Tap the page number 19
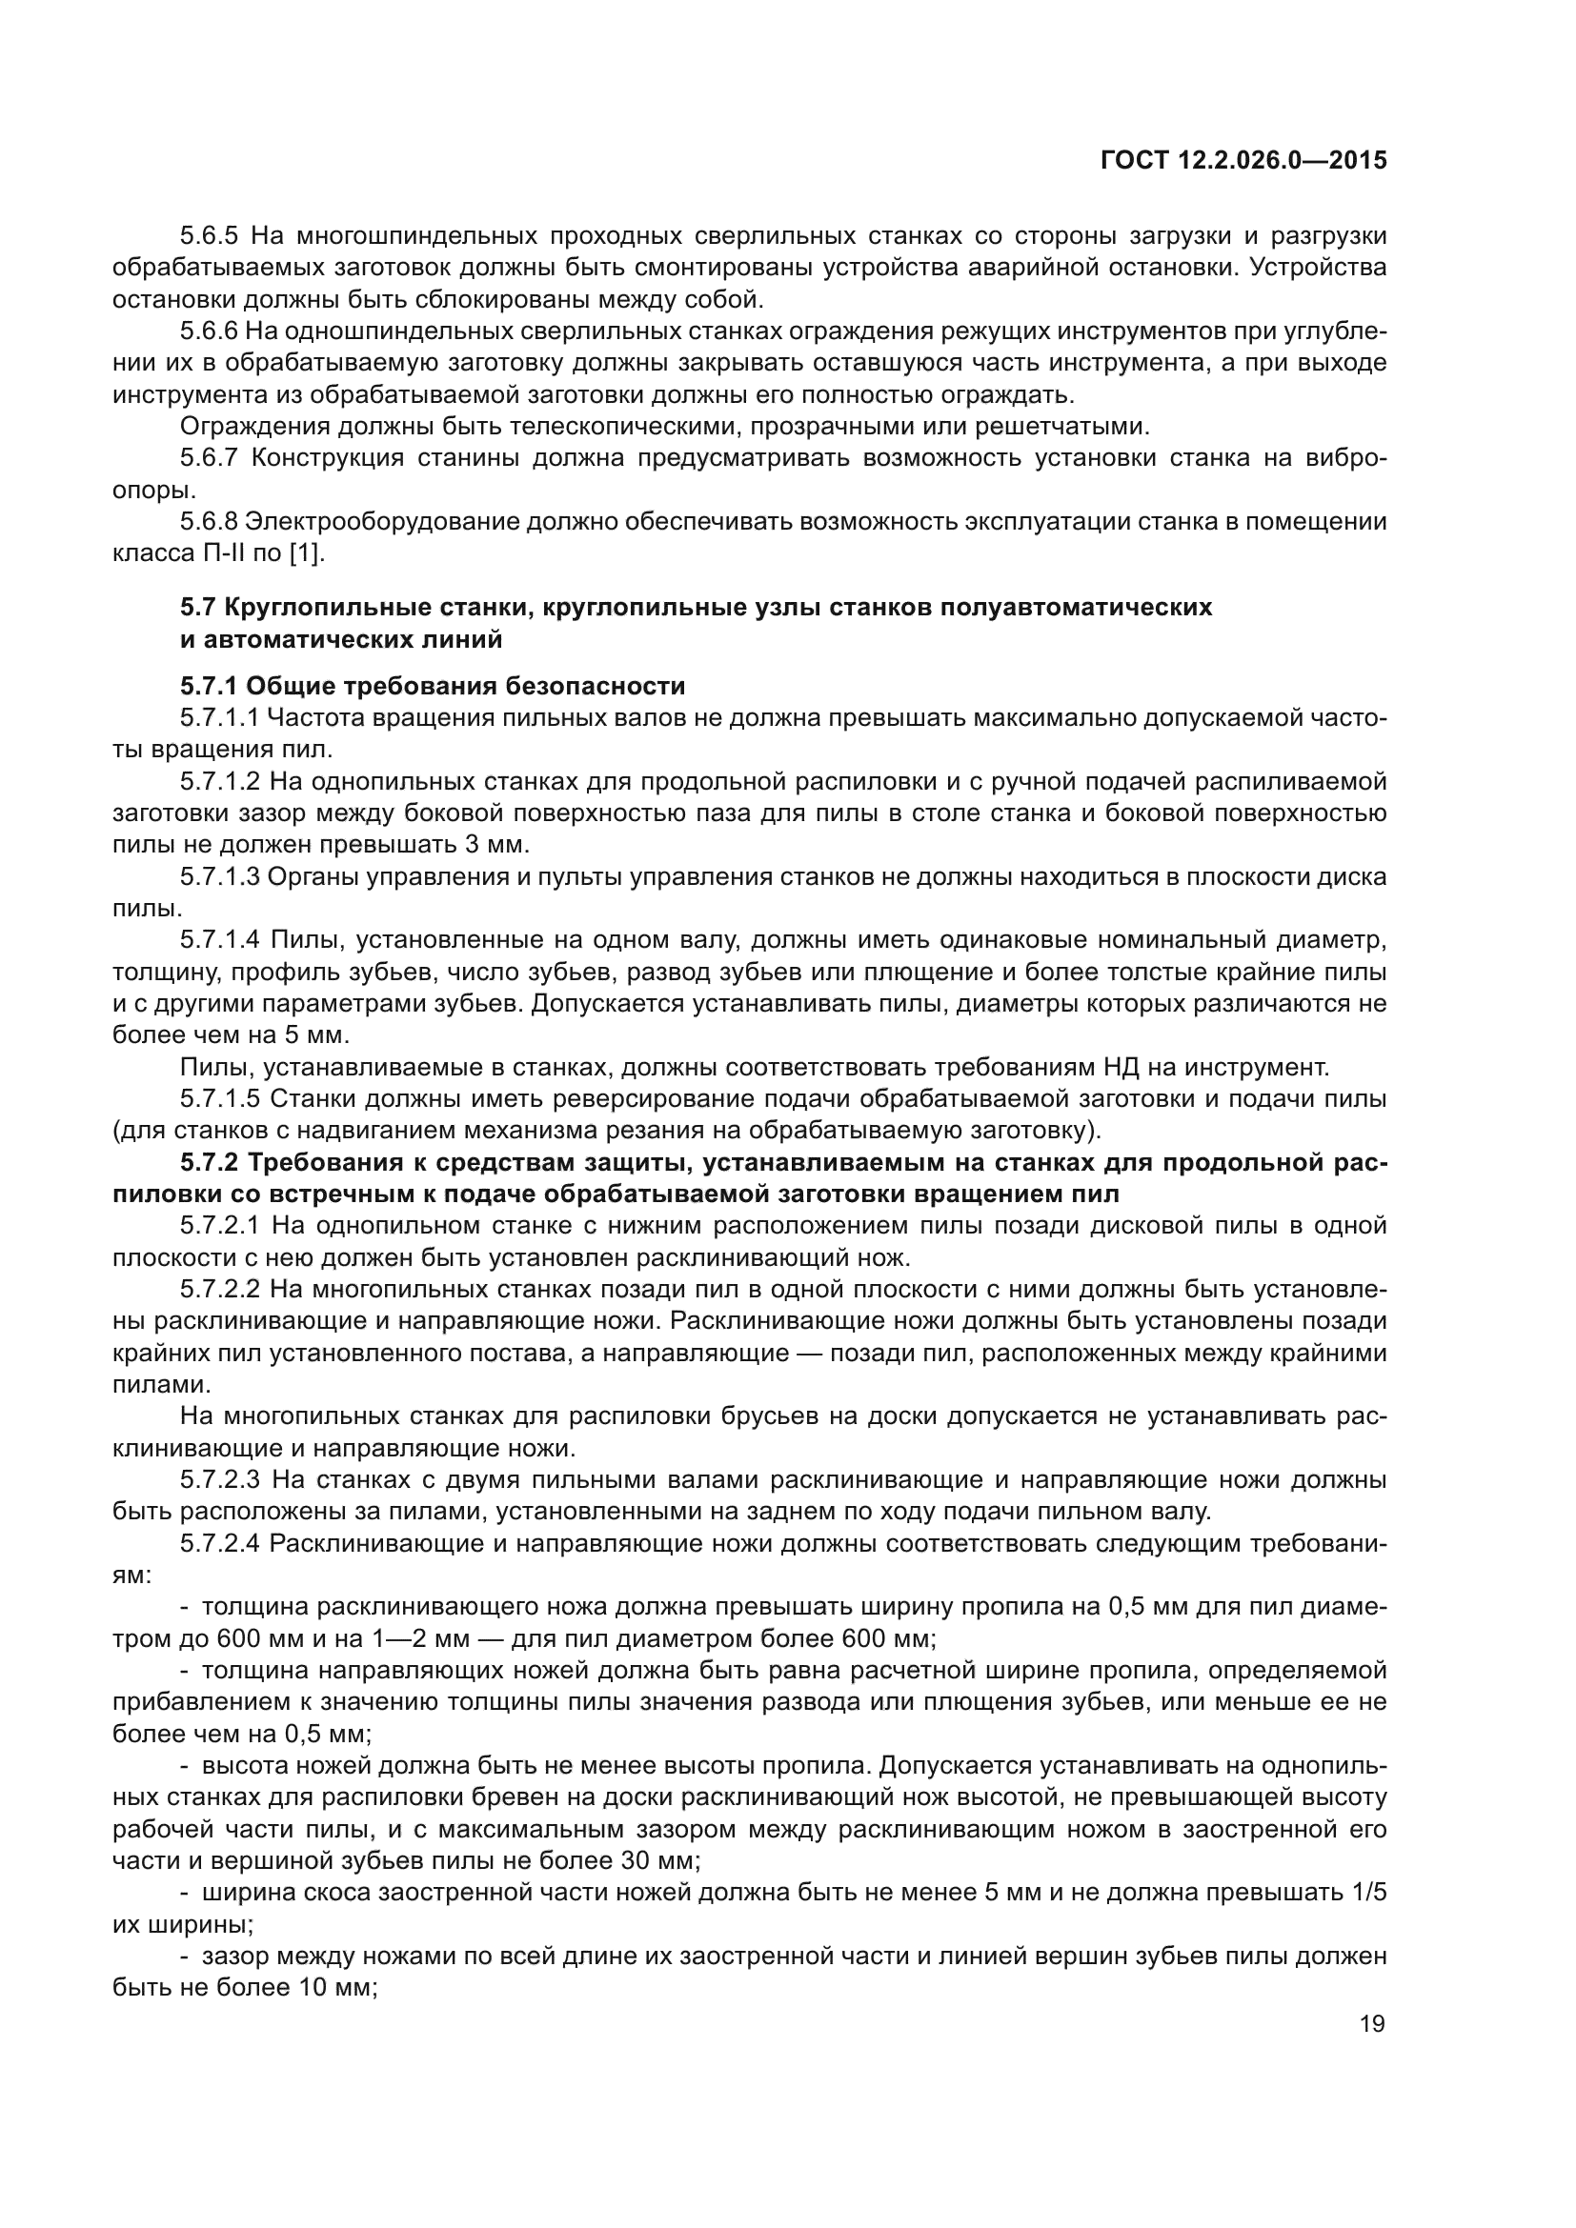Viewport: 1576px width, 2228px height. point(1372,2023)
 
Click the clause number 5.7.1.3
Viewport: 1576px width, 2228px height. point(220,877)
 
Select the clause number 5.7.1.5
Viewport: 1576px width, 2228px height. point(220,1099)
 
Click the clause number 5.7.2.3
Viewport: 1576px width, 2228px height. point(220,1480)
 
